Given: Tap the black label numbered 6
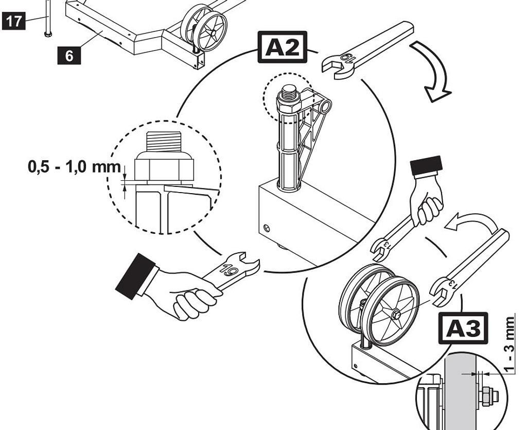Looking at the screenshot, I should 69,56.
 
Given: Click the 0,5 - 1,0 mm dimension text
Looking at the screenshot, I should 74,168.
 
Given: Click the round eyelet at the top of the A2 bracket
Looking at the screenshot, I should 325,108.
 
